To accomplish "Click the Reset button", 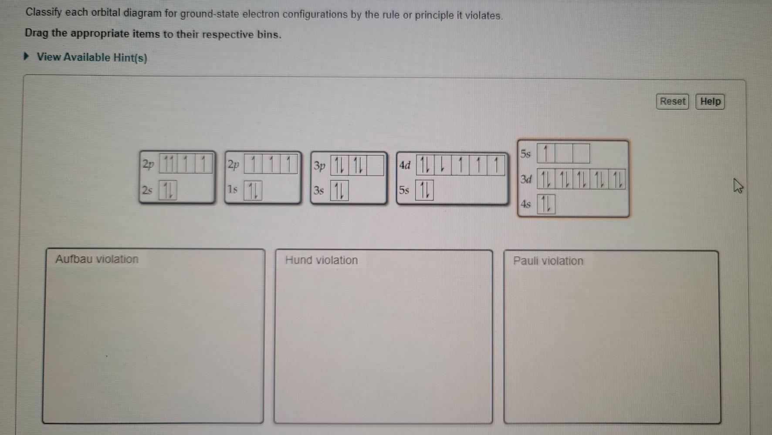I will tap(672, 101).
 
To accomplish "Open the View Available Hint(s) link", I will tap(92, 57).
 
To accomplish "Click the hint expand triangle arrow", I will tap(27, 57).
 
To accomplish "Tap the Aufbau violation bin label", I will tap(97, 259).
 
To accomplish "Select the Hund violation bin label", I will tap(322, 260).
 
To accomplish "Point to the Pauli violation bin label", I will tap(548, 261).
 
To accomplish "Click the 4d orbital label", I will tap(405, 165).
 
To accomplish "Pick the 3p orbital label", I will tap(319, 166).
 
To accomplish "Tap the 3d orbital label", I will tap(526, 179).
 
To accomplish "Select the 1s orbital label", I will tap(233, 190).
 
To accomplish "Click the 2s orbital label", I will tap(147, 190).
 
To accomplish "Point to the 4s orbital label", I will tap(526, 204).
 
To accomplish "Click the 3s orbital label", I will tap(318, 191).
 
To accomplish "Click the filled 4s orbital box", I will tap(546, 204).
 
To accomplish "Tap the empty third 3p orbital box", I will tap(375, 166).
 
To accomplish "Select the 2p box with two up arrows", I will tap(168, 164).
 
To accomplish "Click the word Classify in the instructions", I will tap(44, 12).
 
